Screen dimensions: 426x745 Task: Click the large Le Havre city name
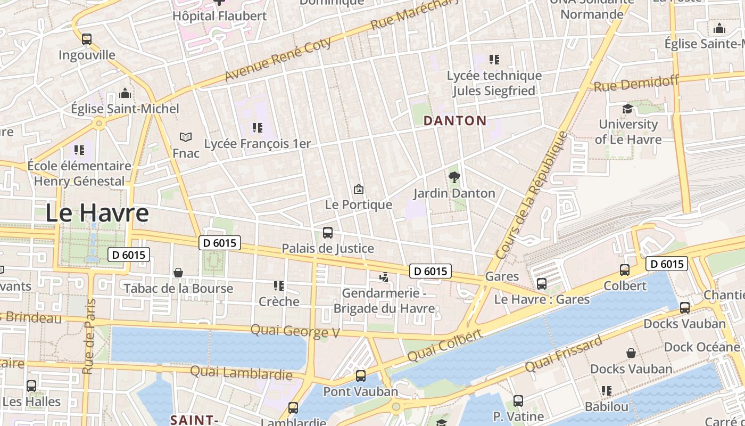pos(97,213)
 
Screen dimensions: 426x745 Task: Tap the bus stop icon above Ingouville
pos(87,39)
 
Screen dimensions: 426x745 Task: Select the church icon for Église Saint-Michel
pos(125,94)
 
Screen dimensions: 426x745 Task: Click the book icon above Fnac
pos(186,137)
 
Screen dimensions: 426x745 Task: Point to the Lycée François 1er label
pos(258,144)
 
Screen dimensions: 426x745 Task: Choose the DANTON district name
pos(455,121)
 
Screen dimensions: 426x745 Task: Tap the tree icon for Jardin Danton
pos(454,177)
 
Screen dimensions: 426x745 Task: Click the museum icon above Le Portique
pos(359,189)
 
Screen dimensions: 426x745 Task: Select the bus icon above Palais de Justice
pos(328,233)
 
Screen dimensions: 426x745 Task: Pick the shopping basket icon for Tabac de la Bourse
pos(178,273)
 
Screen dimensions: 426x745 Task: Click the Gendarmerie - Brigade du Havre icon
pos(384,277)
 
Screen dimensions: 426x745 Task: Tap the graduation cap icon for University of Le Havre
pos(628,109)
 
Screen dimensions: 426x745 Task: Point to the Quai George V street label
pos(295,331)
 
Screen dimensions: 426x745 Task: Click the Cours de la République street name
pos(532,195)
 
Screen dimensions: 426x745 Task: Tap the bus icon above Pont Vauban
pos(361,376)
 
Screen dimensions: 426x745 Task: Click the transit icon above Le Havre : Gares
pos(542,284)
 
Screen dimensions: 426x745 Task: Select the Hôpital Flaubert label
pos(219,16)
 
